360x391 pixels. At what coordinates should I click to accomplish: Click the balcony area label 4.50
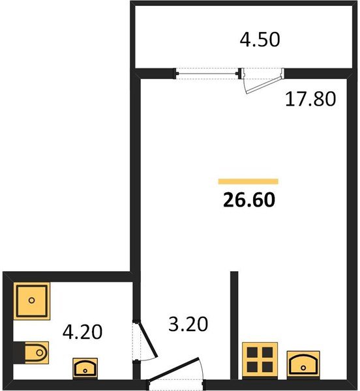(x=260, y=40)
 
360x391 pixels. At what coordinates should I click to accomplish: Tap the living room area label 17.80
(x=310, y=99)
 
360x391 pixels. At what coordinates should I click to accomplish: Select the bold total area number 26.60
(x=249, y=200)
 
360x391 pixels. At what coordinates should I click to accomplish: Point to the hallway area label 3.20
(x=188, y=324)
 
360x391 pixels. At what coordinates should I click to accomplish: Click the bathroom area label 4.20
(x=82, y=332)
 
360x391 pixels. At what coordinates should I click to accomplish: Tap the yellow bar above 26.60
(x=248, y=181)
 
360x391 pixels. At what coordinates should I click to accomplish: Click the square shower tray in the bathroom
(x=32, y=300)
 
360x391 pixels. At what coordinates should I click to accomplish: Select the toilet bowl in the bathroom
(x=37, y=353)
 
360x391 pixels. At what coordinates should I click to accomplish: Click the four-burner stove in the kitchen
(x=260, y=360)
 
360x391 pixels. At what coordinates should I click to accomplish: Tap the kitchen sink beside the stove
(x=303, y=365)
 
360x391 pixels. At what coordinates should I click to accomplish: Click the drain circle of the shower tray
(x=32, y=300)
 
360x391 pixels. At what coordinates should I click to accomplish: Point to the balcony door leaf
(x=264, y=85)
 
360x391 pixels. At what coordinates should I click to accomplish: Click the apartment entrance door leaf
(x=174, y=369)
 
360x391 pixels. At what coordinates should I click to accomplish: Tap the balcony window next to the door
(x=207, y=73)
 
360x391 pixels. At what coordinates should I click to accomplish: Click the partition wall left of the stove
(x=234, y=325)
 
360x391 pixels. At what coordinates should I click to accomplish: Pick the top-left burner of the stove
(x=252, y=353)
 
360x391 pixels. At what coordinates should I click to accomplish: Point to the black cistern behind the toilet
(x=19, y=353)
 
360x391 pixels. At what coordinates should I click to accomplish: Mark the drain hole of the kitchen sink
(x=303, y=368)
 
